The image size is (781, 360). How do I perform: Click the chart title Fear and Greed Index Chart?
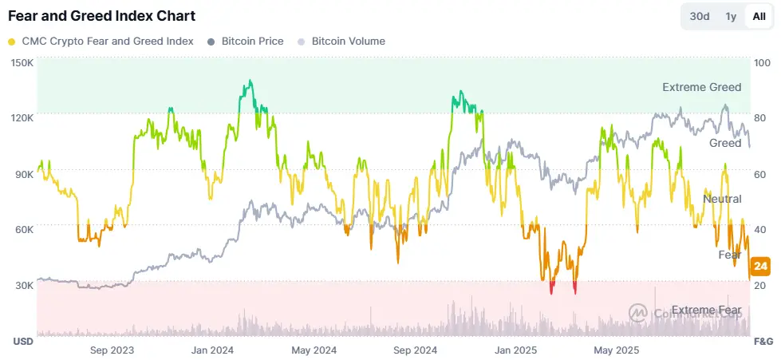click(101, 16)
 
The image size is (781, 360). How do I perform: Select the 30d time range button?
click(700, 17)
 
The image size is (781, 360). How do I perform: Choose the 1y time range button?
click(730, 17)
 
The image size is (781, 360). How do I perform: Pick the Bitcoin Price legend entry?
click(245, 41)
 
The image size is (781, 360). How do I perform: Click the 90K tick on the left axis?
click(22, 174)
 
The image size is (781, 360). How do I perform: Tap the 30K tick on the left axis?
click(22, 286)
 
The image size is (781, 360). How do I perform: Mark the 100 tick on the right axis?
click(761, 62)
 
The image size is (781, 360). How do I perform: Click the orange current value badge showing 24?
click(760, 266)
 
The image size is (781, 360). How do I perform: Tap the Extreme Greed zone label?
click(701, 87)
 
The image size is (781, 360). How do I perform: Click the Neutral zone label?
click(721, 199)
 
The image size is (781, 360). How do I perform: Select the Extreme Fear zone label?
click(706, 310)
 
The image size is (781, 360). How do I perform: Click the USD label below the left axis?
click(22, 342)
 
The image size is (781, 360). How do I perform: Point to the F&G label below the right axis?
click(763, 342)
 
